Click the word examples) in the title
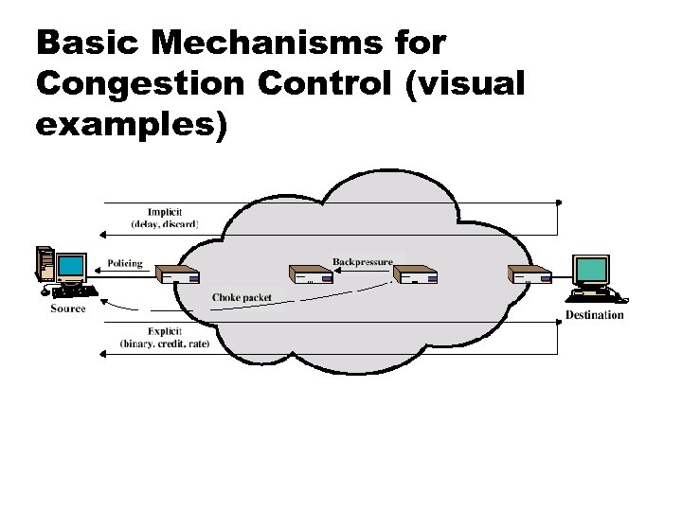coord(132,124)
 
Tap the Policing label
coord(125,263)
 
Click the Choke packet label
coord(242,297)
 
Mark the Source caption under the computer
coord(68,308)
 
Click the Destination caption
coord(594,314)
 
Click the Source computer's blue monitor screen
coord(70,266)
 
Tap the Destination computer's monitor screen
coord(594,271)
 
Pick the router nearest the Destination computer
coord(529,274)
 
